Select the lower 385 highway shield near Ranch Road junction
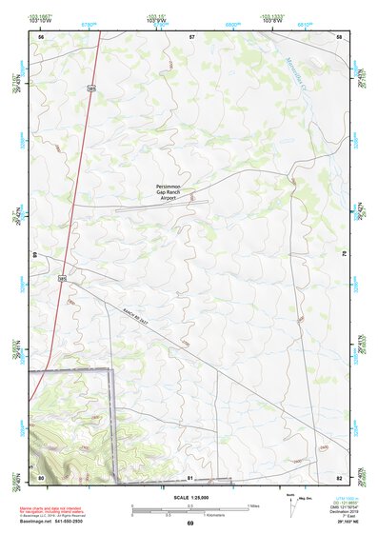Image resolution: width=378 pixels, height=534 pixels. point(62,279)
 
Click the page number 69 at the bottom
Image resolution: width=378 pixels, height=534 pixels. point(189,524)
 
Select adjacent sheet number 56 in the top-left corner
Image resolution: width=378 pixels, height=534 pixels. point(41,36)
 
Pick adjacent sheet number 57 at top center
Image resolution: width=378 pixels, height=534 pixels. point(191,36)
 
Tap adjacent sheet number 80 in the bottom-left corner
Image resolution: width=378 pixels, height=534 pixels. point(41,476)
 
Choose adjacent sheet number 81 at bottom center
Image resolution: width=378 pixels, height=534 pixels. point(190,476)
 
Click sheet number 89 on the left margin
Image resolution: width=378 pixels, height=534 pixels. point(34,255)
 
